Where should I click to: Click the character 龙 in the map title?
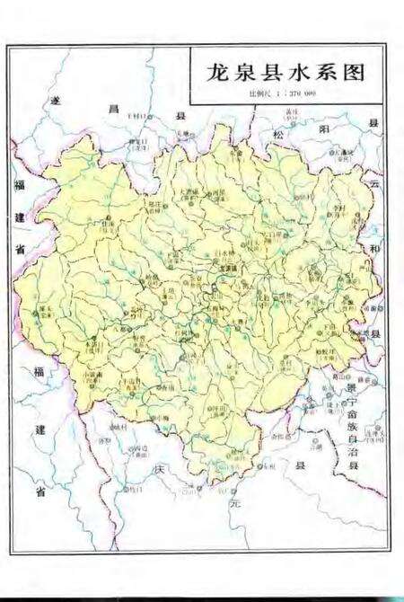tap(217, 75)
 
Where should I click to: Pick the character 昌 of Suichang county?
tap(112, 107)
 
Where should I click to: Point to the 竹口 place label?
tap(135, 490)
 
